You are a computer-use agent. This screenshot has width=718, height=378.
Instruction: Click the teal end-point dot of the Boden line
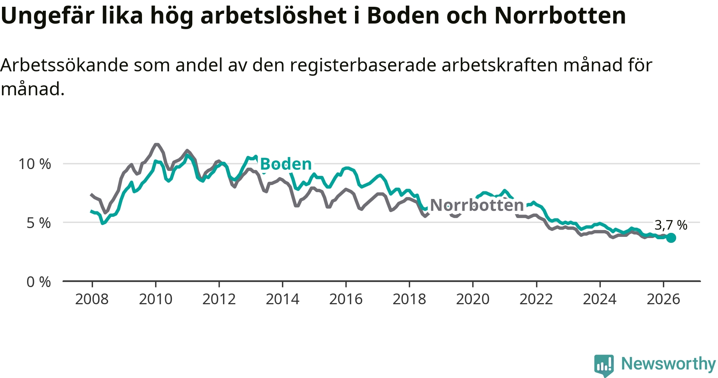tap(671, 238)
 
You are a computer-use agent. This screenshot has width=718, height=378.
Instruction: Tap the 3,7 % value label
tap(671, 225)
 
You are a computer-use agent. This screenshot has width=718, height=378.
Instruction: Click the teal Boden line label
tap(286, 164)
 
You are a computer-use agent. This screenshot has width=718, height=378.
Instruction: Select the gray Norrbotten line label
tap(477, 205)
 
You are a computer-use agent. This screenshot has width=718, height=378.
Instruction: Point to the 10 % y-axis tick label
tap(35, 164)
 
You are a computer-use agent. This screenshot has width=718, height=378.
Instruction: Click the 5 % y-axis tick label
tap(39, 223)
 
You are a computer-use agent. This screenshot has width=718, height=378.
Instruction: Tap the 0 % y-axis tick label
tap(39, 282)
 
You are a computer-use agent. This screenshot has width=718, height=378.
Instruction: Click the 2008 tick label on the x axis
tap(92, 299)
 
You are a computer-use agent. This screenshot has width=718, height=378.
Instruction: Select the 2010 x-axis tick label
tap(156, 299)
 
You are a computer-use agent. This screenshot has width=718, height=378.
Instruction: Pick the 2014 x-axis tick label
tap(282, 299)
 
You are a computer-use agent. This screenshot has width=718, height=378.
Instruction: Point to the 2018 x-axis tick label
tap(409, 299)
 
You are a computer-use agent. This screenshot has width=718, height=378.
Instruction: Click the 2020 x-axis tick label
tap(473, 299)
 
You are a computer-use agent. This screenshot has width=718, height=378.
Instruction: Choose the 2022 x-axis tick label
tap(536, 299)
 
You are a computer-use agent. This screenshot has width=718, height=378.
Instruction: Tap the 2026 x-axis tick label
tap(663, 299)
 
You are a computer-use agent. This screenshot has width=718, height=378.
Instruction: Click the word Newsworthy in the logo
tap(669, 364)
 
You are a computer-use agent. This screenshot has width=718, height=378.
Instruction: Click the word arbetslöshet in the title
tap(274, 16)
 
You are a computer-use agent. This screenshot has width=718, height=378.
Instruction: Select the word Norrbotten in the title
tap(560, 16)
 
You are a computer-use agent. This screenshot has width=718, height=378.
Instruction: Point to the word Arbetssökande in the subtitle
tap(65, 65)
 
